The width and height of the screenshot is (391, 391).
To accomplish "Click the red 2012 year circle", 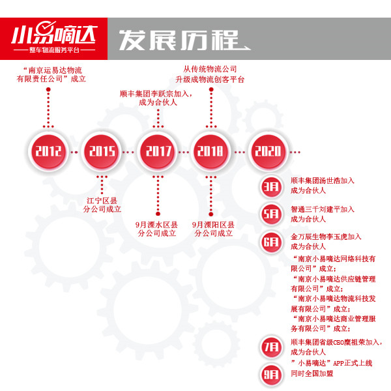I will click(x=48, y=152).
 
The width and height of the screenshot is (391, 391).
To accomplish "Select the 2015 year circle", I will click(x=103, y=152).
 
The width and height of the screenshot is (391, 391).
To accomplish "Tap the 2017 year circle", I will click(x=158, y=152).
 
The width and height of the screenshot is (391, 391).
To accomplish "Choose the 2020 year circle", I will click(x=267, y=152).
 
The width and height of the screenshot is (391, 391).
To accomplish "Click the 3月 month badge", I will click(x=270, y=186).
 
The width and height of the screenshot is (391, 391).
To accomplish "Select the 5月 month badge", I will click(x=270, y=214).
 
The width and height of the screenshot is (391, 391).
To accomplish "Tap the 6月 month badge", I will click(x=270, y=241).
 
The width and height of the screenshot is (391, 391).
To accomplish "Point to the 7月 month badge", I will click(x=270, y=346).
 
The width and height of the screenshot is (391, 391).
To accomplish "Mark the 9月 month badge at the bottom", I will click(x=270, y=374).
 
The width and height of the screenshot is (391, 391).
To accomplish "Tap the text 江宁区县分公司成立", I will click(x=103, y=205).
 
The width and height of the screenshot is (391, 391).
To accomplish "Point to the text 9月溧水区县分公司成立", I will click(x=157, y=227).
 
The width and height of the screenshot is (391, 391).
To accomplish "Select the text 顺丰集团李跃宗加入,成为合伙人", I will click(x=156, y=98).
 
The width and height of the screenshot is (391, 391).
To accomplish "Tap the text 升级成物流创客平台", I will click(x=210, y=80).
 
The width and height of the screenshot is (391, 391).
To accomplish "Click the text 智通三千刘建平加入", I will click(x=323, y=209).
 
